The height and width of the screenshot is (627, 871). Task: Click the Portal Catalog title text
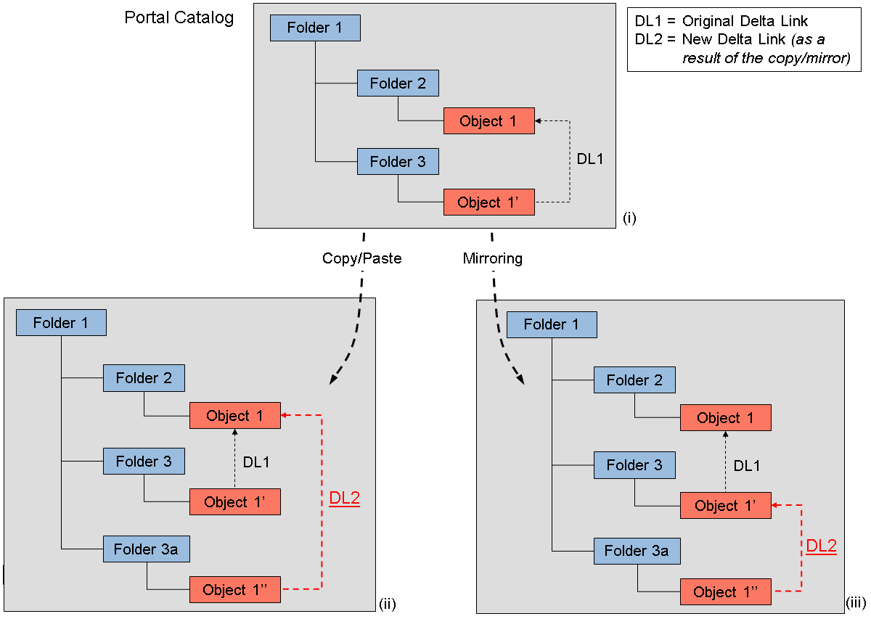point(179,17)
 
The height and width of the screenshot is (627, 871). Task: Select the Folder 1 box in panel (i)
point(315,28)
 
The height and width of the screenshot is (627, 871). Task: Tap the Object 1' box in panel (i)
point(488,202)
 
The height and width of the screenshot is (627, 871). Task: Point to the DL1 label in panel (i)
point(590,158)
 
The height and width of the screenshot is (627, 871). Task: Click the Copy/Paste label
point(361,258)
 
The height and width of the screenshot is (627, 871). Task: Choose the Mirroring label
point(492,258)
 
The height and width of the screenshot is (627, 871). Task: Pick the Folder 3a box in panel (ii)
point(147,549)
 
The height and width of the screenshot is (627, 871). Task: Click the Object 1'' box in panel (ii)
point(235,590)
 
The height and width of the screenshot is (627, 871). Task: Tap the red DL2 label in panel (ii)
point(344,499)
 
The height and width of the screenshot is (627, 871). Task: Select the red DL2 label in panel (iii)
point(821,546)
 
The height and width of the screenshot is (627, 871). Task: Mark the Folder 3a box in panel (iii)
point(637,552)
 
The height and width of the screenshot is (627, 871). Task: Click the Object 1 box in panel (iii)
point(725,418)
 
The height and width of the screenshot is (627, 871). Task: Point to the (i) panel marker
point(629,218)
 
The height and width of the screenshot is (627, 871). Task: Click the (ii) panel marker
point(387,604)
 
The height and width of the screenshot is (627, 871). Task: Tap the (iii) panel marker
point(856,603)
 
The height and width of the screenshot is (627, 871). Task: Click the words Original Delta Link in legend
point(745,21)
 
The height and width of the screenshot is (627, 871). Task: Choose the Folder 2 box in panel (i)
point(398,83)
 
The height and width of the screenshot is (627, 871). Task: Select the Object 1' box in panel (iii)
point(725,506)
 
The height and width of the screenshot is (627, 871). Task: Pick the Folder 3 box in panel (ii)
point(144,462)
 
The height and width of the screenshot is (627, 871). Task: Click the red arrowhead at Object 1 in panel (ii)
point(285,416)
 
